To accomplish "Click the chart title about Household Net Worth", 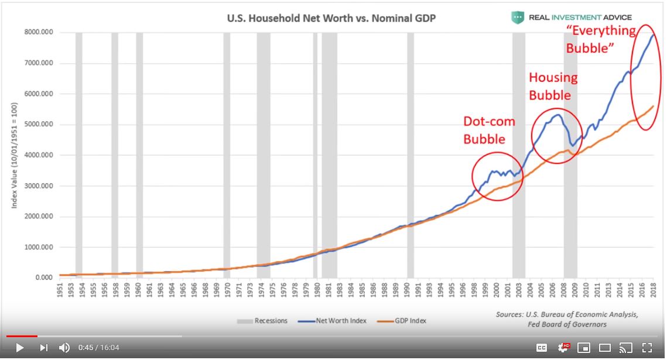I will [331, 18].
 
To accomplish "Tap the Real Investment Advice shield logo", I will [517, 18].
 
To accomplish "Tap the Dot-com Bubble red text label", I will [489, 130].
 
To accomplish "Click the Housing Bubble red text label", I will [553, 86].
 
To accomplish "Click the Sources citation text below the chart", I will [566, 319].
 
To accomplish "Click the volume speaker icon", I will [64, 348].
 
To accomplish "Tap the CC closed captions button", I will [542, 348].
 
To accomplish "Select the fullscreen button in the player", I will [647, 348].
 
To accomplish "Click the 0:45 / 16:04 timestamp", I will [98, 348].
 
